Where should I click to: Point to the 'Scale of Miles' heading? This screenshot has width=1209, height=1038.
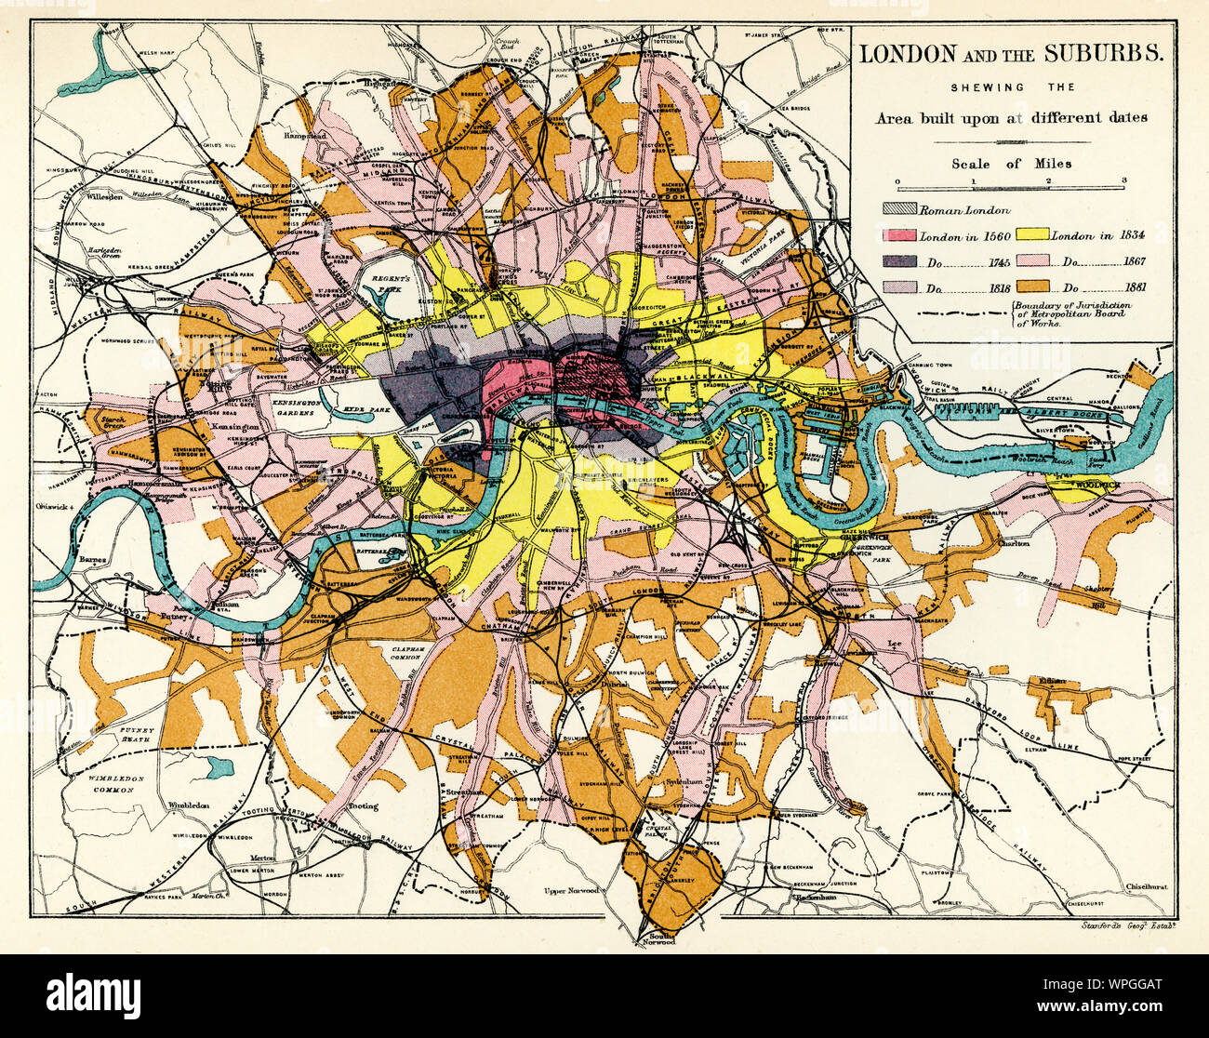(1010, 163)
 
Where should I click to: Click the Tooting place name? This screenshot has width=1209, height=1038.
(363, 806)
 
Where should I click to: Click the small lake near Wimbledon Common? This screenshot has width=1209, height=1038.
(219, 766)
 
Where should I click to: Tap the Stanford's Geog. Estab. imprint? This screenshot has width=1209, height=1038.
(1130, 925)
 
